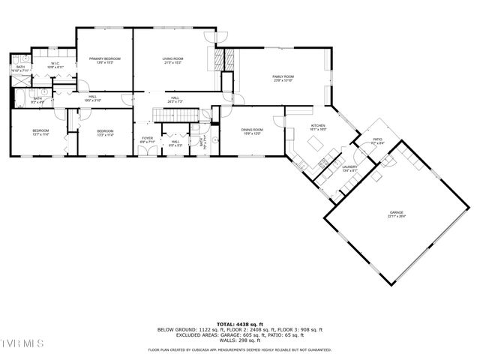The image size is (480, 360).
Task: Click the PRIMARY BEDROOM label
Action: coord(105,58)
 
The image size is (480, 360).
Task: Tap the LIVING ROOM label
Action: coord(173,58)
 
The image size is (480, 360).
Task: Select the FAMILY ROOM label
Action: coord(283,76)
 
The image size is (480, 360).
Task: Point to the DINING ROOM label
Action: coord(250,130)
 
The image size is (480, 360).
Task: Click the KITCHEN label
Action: coord(318,126)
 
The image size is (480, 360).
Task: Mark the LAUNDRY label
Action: coord(349,167)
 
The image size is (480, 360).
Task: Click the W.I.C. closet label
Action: coord(55,64)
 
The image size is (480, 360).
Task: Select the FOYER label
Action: coord(148,138)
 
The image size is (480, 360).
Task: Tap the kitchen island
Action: coord(321,140)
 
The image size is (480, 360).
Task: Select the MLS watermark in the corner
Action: coord(22,343)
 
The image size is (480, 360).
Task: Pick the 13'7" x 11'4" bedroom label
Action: coord(40,132)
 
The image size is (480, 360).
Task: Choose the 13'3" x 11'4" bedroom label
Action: coord(105,132)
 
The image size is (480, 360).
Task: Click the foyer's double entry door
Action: coord(148,153)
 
